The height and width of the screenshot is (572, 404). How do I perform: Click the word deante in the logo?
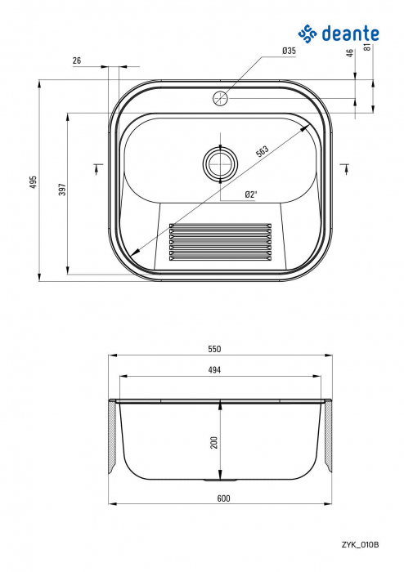[x=352, y=34]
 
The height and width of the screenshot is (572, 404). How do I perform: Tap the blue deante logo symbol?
[x=307, y=34]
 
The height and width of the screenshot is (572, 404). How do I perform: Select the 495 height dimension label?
[x=34, y=181]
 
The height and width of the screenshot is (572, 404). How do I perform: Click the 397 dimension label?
[x=61, y=189]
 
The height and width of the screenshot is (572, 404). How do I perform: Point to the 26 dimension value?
[x=77, y=60]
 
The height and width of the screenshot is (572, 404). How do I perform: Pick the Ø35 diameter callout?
[x=289, y=51]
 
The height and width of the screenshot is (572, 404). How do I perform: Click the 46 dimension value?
[x=350, y=53]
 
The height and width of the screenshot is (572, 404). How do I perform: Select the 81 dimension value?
[x=367, y=47]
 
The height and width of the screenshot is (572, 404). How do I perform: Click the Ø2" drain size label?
[x=251, y=194]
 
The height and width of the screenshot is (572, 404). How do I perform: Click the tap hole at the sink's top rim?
[x=220, y=99]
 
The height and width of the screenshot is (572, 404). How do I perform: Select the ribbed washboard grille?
[x=219, y=241]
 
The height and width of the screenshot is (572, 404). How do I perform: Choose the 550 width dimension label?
[x=214, y=349]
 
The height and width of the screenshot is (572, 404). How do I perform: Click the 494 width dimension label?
[x=214, y=369]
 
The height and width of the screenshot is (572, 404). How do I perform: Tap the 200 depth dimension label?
[x=213, y=442]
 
